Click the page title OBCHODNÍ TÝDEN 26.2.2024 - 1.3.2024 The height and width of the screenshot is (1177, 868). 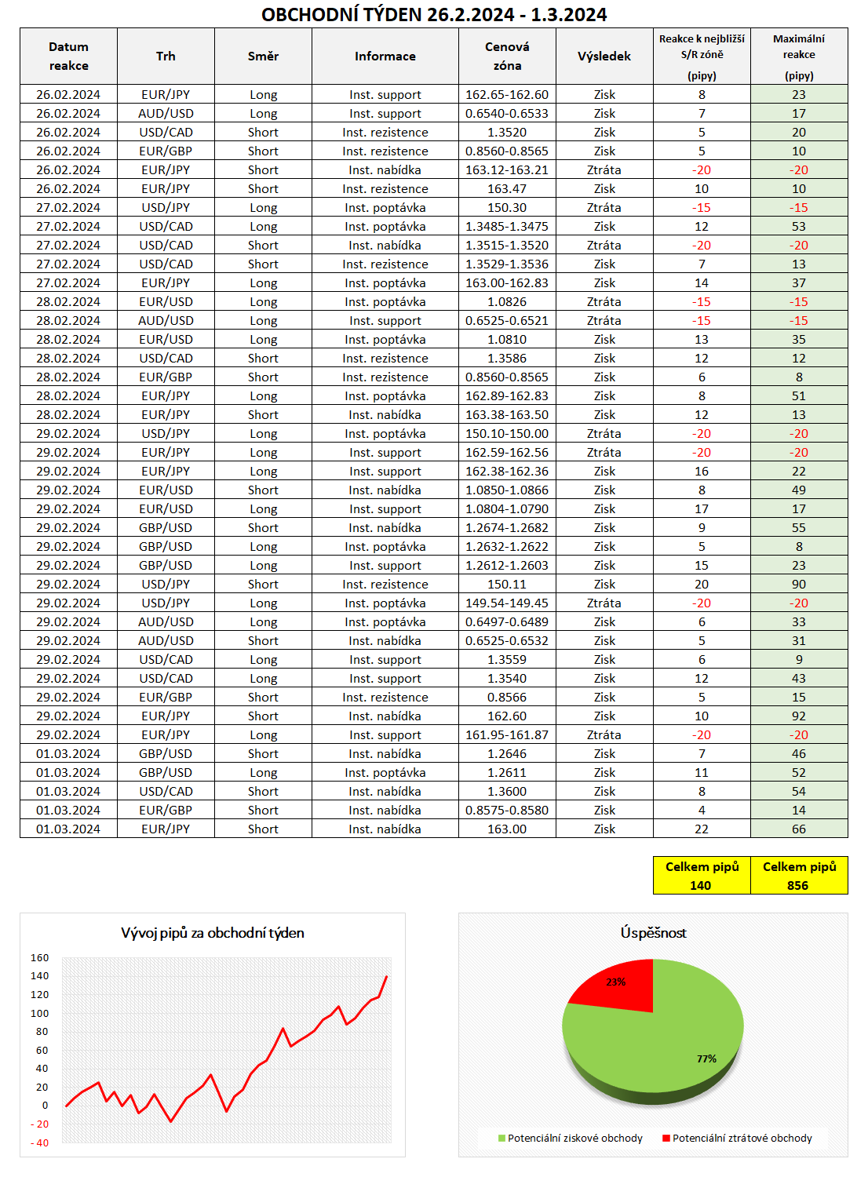[433, 14]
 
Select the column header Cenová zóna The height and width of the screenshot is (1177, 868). [507, 56]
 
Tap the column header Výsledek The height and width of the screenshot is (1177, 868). [604, 56]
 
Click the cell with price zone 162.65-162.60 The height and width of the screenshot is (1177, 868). [507, 95]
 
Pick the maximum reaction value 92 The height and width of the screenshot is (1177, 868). [799, 716]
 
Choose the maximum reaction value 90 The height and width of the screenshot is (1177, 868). [799, 585]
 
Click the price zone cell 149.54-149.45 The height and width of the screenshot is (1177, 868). [507, 603]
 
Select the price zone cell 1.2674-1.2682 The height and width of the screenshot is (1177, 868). [507, 528]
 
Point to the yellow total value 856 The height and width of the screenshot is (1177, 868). [798, 885]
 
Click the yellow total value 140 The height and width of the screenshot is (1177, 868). [701, 885]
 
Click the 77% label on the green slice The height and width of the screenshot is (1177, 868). [706, 1059]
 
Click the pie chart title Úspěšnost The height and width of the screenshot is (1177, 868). [653, 933]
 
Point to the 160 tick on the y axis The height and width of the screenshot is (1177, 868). [40, 958]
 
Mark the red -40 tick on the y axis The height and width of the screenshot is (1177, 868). [40, 1142]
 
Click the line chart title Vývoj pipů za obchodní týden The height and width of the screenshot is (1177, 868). [213, 933]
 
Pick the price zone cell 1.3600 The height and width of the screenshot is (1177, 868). [507, 792]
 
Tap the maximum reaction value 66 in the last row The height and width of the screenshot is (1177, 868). [799, 829]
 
